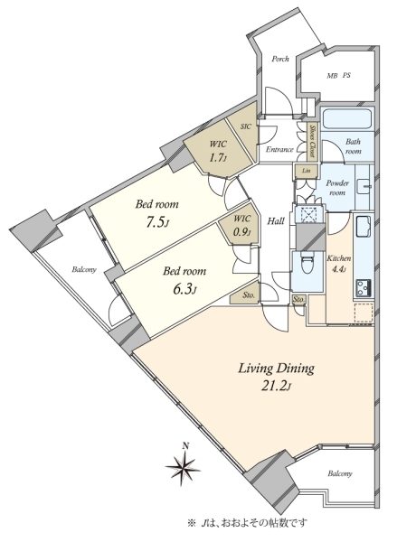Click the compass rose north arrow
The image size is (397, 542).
click(x=183, y=464)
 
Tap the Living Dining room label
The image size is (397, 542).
click(x=276, y=369)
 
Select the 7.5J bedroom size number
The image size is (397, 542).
click(x=157, y=223)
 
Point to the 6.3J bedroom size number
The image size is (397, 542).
click(x=184, y=289)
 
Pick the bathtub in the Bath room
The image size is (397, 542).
click(x=347, y=118)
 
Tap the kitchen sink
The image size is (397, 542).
click(x=364, y=226)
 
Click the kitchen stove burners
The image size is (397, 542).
click(x=364, y=287)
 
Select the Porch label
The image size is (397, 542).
click(x=280, y=59)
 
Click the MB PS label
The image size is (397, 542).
click(x=339, y=75)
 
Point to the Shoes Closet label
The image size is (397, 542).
click(x=312, y=142)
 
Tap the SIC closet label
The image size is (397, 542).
click(x=245, y=126)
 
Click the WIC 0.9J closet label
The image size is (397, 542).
click(x=241, y=225)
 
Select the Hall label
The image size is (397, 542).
click(x=276, y=221)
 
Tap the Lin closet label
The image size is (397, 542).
click(x=306, y=171)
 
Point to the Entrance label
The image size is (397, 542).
click(x=279, y=150)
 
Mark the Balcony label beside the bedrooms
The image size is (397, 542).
click(x=84, y=270)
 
